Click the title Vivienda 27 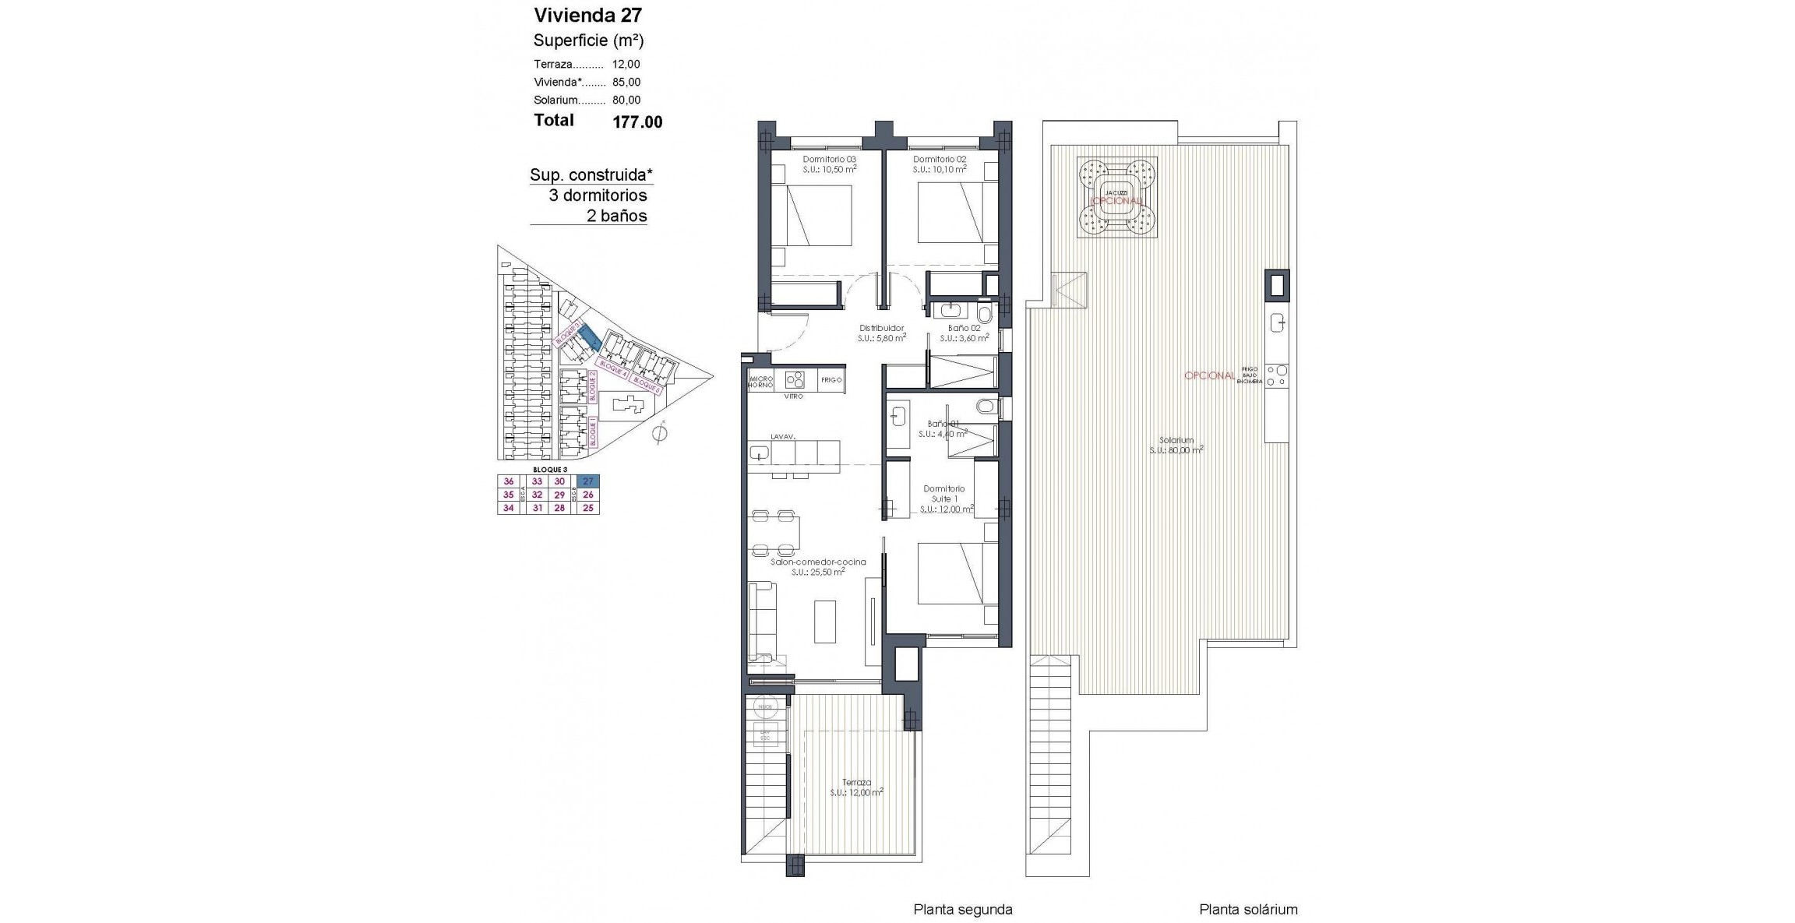point(587,15)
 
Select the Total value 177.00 point(637,122)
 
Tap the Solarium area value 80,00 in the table point(626,100)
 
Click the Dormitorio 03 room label point(829,159)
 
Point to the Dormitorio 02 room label point(939,159)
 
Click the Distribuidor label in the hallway point(881,328)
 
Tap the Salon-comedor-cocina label point(817,562)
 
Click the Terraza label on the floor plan point(856,783)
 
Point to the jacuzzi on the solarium point(1116,196)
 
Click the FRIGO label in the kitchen point(831,380)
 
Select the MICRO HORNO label point(760,382)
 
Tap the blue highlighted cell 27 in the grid point(588,481)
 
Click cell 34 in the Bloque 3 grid point(509,508)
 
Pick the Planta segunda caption point(962,909)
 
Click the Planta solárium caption point(1248,909)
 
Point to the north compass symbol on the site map point(660,433)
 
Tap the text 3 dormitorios point(598,196)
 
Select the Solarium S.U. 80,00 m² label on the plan point(1176,445)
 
